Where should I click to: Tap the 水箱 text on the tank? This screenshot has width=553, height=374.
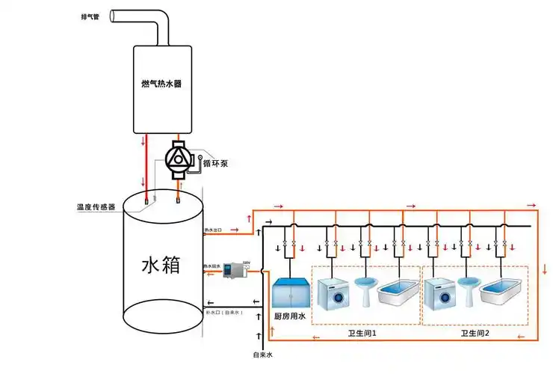click(161, 265)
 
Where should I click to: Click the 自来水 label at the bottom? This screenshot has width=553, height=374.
click(262, 357)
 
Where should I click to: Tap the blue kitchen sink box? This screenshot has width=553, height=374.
click(290, 292)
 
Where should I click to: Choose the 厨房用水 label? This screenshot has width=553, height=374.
click(290, 317)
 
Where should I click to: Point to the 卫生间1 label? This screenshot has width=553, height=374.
click(363, 334)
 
